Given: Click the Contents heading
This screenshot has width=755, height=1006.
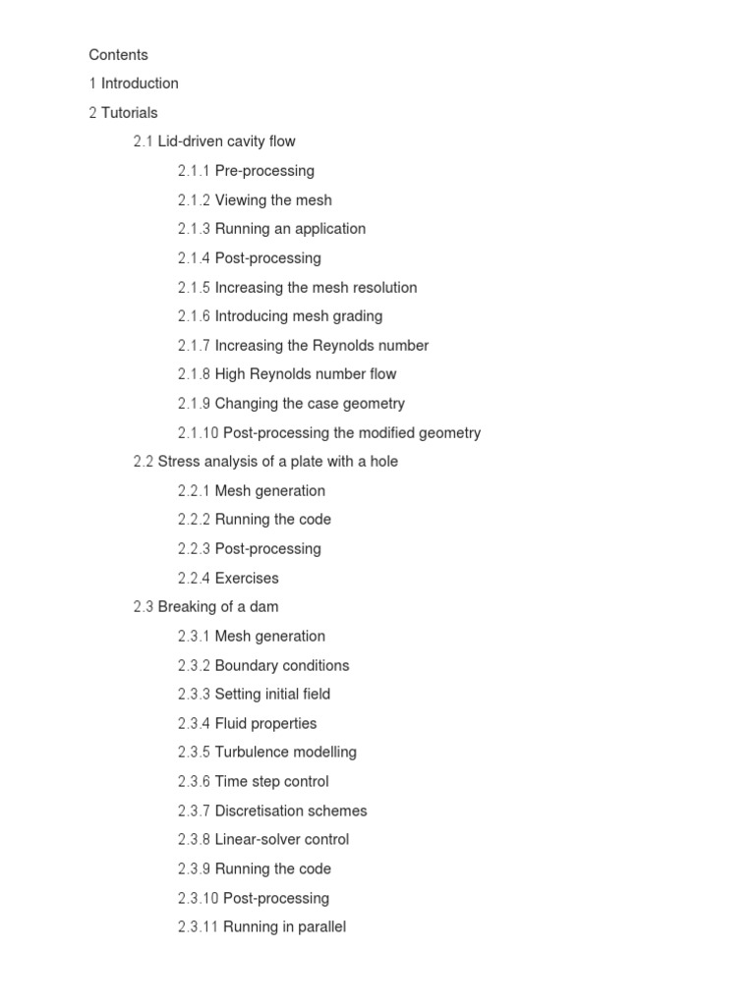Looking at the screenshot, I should pos(118,55).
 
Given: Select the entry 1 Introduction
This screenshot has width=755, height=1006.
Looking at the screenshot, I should pos(134,84).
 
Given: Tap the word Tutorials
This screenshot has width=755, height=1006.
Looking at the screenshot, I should pos(129,113).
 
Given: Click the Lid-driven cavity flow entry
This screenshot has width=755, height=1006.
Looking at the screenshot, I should pos(226,141).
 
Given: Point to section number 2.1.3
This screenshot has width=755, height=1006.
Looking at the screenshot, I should pos(194,229).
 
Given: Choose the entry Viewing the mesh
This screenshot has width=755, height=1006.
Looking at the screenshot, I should pos(273,200).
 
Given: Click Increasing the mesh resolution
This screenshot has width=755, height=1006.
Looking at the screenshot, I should pos(316,288).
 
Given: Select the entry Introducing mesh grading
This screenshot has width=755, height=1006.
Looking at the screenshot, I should pos(299,316).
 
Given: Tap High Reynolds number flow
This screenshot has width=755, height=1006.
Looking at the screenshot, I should pos(306,374).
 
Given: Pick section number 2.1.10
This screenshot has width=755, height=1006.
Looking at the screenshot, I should pos(198,433).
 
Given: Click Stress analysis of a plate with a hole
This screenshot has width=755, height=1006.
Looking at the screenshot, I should pos(277,462).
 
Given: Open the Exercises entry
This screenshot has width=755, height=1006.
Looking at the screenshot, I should pos(247,579).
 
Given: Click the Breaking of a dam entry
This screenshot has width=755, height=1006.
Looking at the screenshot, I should pos(217,607).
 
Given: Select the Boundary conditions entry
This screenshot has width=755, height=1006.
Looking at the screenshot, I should pos(282,665).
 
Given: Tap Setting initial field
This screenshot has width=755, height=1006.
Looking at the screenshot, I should pos(272,695).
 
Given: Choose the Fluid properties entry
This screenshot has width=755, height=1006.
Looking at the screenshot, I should pos(265,724).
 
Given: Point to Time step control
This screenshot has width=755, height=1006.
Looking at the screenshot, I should pos(271,782).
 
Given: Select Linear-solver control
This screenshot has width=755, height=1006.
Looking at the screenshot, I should pos(282,840).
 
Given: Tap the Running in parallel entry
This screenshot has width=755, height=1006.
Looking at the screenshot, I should pos(284,927).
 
